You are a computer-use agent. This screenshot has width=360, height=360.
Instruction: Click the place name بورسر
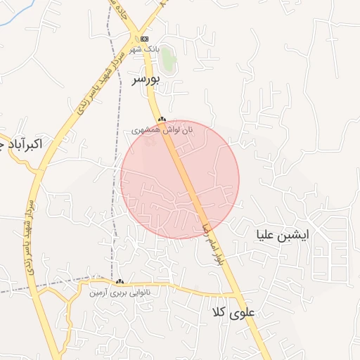click(146, 79)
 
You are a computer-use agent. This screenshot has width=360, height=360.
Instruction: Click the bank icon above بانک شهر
click(145, 38)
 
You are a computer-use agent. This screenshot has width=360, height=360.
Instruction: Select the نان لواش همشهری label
click(162, 130)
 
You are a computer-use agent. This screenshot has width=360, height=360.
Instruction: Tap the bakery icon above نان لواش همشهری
click(162, 120)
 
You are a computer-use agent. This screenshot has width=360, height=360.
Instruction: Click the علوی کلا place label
click(231, 311)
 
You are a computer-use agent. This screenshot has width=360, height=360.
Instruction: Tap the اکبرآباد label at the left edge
click(21, 144)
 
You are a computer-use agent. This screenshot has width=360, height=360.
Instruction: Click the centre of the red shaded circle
click(180, 179)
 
